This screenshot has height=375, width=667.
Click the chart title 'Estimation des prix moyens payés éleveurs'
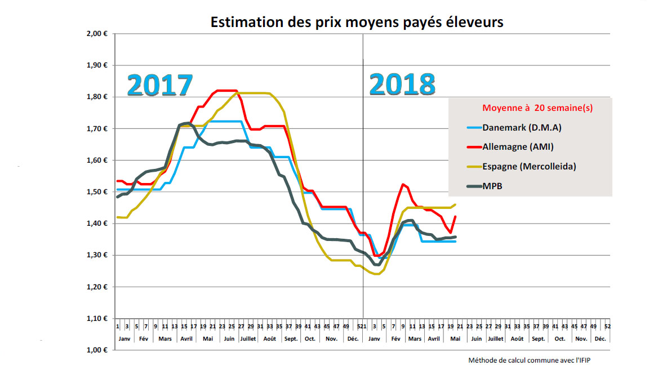tap(357, 23)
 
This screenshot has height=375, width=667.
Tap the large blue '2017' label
tap(161, 86)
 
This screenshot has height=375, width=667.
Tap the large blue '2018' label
tap(403, 84)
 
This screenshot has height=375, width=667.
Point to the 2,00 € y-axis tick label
tap(97, 34)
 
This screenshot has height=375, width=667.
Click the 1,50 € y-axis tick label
tap(97, 192)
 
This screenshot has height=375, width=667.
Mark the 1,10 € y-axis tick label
tap(97, 319)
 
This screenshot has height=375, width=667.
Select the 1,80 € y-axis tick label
tap(97, 97)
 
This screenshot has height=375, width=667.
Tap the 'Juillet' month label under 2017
tap(248, 339)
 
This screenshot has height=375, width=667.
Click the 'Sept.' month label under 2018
tap(539, 339)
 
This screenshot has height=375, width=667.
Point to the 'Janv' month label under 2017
tap(124, 339)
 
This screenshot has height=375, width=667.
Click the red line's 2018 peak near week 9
tap(403, 184)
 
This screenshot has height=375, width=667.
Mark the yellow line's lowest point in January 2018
tap(375, 274)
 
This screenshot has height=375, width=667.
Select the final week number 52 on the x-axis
tap(607, 326)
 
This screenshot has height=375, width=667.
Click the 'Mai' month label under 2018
tap(453, 339)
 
